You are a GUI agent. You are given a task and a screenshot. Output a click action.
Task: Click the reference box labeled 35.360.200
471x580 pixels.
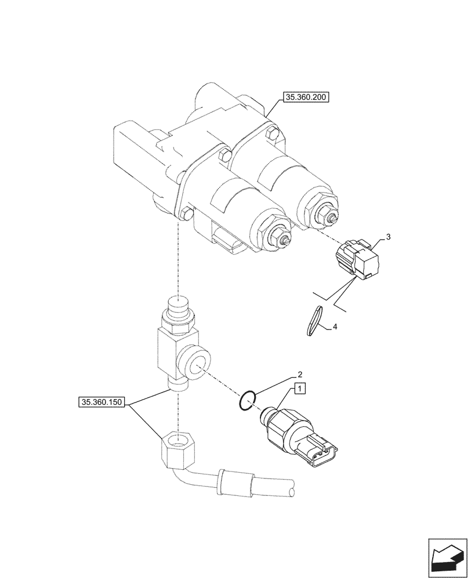(x=306, y=97)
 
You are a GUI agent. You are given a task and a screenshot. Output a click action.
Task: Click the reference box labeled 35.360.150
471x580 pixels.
(x=102, y=401)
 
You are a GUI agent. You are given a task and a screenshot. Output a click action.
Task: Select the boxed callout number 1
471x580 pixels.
(x=299, y=389)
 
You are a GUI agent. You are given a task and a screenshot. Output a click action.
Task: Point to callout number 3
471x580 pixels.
(x=388, y=237)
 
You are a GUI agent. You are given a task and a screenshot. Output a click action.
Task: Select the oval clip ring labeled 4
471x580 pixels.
(x=313, y=321)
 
